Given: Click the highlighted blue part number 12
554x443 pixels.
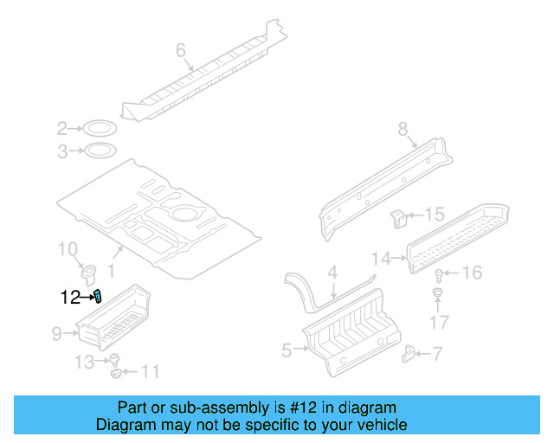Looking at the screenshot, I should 98,297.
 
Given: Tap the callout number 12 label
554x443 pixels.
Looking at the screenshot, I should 70,298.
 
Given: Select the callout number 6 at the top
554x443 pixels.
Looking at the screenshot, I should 181,51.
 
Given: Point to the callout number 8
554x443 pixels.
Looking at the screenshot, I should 403,130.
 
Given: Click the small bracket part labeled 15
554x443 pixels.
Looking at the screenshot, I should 399,216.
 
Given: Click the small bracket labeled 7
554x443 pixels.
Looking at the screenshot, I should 410,352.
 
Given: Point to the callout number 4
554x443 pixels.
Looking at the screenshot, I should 332,274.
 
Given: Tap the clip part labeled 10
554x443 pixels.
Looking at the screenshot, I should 90,274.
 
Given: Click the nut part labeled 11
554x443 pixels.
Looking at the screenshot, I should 117,374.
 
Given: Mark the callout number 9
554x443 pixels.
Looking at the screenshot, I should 56,331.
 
